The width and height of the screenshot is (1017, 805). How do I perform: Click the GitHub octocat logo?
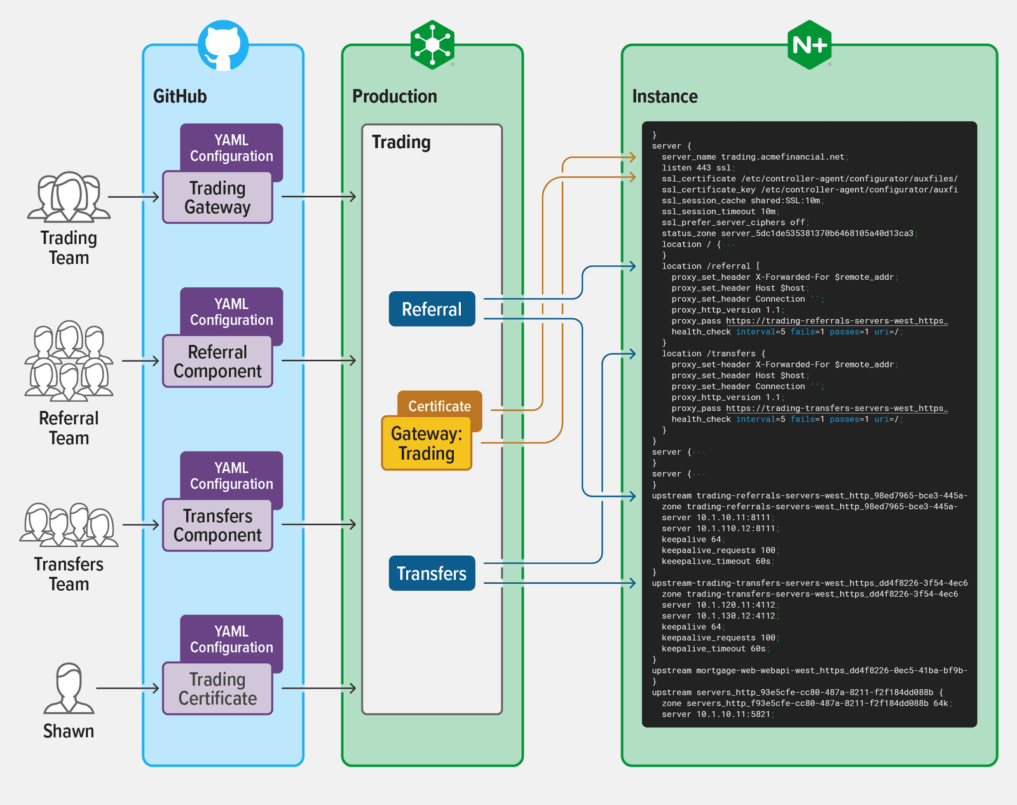tap(223, 46)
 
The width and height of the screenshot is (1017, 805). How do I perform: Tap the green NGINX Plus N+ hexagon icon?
tap(809, 45)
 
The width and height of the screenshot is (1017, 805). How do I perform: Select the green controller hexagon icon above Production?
tap(432, 45)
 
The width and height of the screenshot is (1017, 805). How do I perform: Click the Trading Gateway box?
tap(217, 198)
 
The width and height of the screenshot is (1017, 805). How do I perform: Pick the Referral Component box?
tap(217, 362)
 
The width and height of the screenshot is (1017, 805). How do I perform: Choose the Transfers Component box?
tap(217, 525)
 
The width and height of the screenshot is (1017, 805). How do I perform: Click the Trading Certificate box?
tap(217, 689)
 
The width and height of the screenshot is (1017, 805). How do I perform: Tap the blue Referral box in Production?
tap(432, 309)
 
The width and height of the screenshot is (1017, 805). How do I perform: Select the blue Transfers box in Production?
tap(432, 574)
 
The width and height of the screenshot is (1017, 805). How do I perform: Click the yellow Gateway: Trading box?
tap(427, 444)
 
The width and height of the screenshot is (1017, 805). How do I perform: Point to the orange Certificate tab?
tap(440, 405)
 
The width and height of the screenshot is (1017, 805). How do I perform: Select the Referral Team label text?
tap(69, 428)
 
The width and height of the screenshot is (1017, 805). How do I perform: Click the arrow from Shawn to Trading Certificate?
tap(128, 688)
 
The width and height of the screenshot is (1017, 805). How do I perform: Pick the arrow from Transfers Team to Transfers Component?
tap(140, 525)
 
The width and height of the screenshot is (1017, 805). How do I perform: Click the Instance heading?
tap(665, 97)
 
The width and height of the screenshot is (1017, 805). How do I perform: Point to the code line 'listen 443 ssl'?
tap(698, 168)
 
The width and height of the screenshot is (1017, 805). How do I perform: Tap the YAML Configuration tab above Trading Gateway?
tap(231, 148)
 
